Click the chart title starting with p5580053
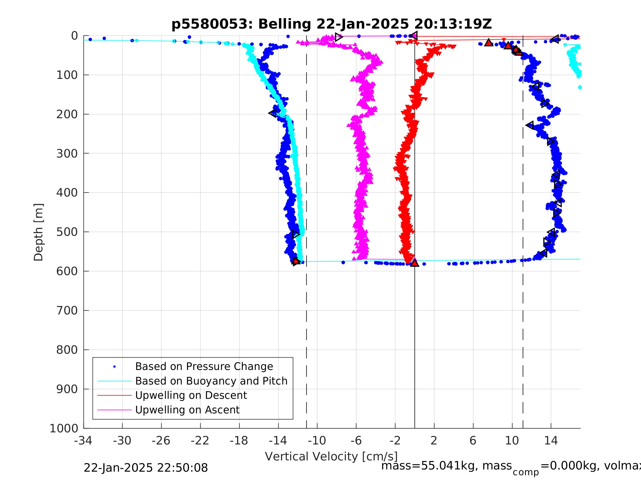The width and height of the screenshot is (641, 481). pyautogui.click(x=332, y=24)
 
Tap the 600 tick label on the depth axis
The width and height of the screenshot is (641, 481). pyautogui.click(x=67, y=271)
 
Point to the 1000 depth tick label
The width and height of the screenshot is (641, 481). pyautogui.click(x=64, y=429)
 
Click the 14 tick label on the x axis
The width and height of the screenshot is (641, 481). pyautogui.click(x=551, y=441)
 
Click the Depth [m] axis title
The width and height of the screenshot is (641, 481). pyautogui.click(x=38, y=232)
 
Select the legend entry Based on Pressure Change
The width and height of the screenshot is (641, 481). pyautogui.click(x=204, y=366)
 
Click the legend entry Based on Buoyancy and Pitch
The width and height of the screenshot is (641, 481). pyautogui.click(x=211, y=381)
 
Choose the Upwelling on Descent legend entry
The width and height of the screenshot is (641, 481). pyautogui.click(x=191, y=395)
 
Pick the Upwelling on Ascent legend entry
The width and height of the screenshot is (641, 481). pyautogui.click(x=187, y=410)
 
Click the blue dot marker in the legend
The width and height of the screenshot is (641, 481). pyautogui.click(x=115, y=367)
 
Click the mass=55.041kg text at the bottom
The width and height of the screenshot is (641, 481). pyautogui.click(x=446, y=466)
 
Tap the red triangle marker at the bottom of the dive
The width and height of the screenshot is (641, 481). pyautogui.click(x=414, y=263)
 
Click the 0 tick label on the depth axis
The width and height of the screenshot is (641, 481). pyautogui.click(x=74, y=36)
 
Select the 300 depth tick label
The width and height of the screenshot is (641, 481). pyautogui.click(x=67, y=153)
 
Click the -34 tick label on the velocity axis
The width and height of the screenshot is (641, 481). pyautogui.click(x=83, y=441)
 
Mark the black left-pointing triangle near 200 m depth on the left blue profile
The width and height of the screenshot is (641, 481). pyautogui.click(x=272, y=113)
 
